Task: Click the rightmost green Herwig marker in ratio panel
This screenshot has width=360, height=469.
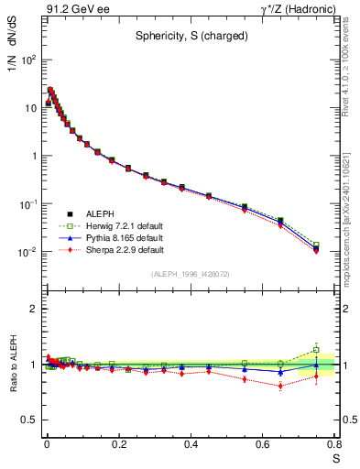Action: click(x=316, y=349)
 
